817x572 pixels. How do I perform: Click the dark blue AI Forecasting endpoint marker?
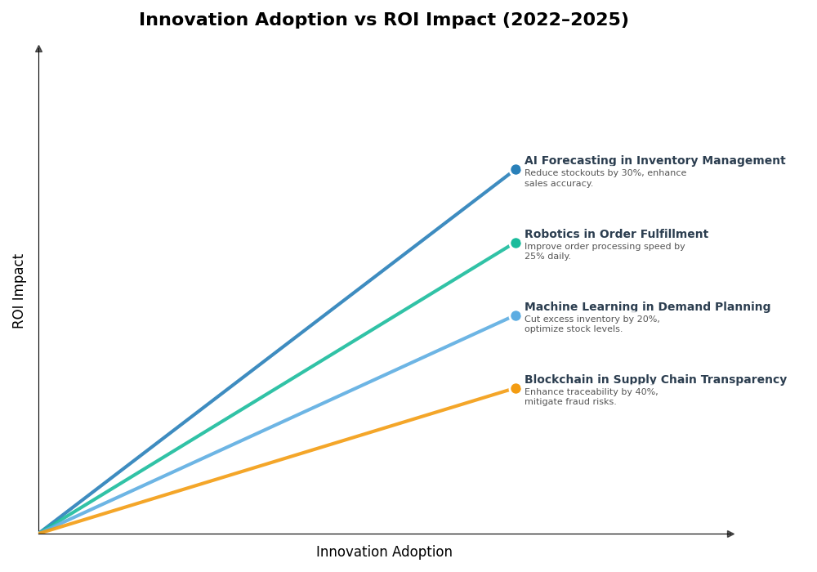coord(516,170)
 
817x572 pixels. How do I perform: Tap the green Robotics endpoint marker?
coord(516,243)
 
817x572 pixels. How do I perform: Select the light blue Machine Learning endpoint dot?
coord(516,315)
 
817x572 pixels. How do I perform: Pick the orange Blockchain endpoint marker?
coord(516,388)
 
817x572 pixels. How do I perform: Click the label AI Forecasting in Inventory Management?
coord(654,161)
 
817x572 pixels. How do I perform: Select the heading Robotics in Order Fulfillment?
coord(616,235)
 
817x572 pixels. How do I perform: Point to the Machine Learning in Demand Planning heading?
coord(647,307)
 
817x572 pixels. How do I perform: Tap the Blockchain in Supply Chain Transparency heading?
coord(655,380)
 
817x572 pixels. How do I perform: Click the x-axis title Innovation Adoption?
coord(384,552)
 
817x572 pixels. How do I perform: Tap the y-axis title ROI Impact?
coord(19,291)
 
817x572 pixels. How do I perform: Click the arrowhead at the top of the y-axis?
coord(38,49)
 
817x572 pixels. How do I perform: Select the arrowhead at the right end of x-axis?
coord(730,534)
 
